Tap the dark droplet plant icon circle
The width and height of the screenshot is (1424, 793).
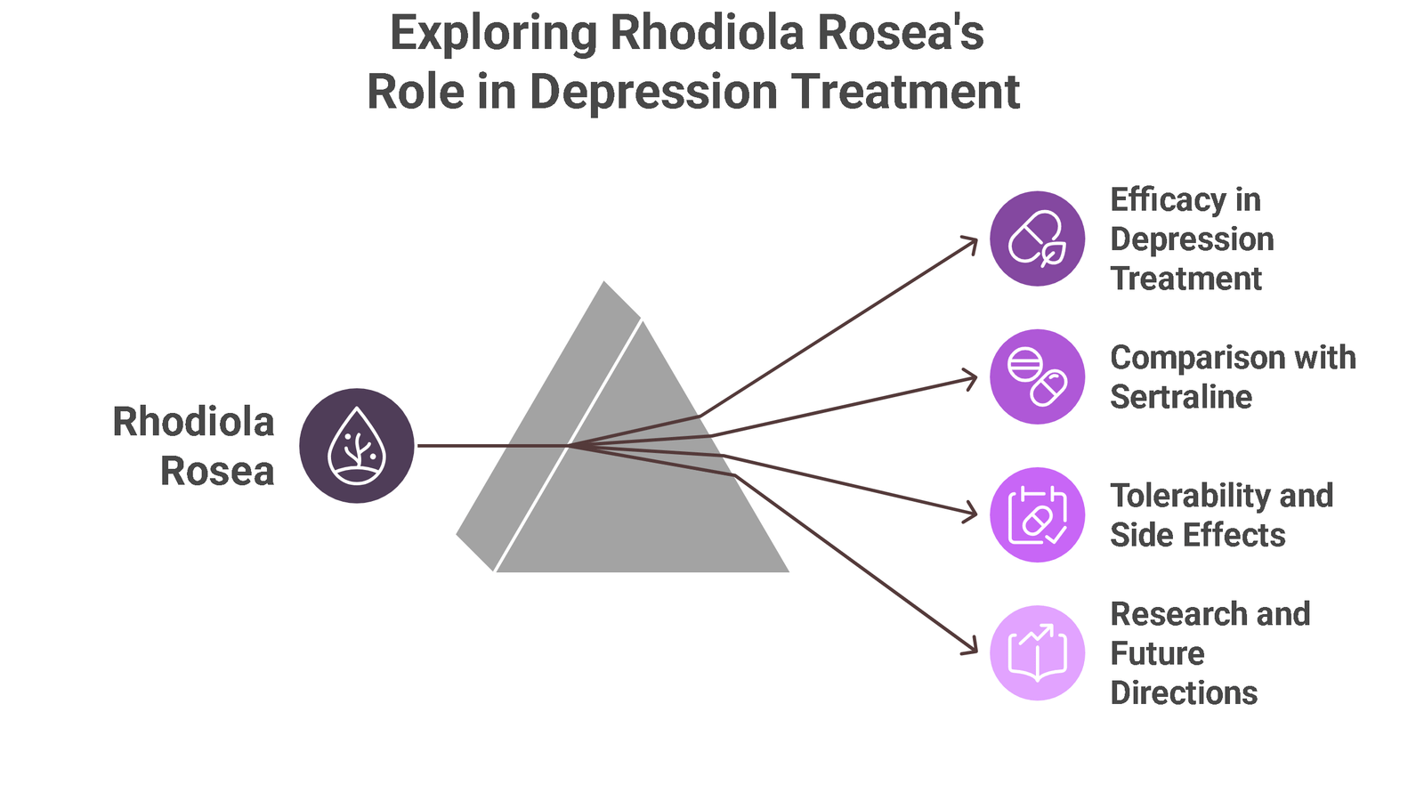click(x=357, y=446)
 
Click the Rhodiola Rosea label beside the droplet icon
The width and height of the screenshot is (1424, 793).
click(x=193, y=447)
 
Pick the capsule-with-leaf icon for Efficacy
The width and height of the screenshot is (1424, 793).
click(x=1038, y=239)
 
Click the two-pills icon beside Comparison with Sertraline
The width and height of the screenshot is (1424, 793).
click(x=1038, y=376)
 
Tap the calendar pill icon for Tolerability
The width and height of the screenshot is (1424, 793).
click(x=1038, y=514)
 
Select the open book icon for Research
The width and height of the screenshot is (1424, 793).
click(x=1038, y=652)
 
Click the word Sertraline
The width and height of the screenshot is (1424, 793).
click(x=1181, y=397)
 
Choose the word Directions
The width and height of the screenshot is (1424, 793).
click(x=1184, y=692)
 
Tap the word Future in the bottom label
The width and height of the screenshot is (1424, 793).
click(x=1157, y=653)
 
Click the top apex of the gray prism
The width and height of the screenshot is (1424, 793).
click(x=604, y=282)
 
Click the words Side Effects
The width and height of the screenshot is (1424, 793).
click(x=1198, y=535)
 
